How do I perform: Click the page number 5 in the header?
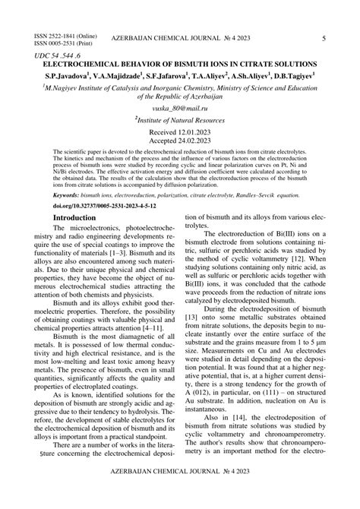tap(324, 38)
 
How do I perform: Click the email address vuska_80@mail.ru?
tap(180, 109)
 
